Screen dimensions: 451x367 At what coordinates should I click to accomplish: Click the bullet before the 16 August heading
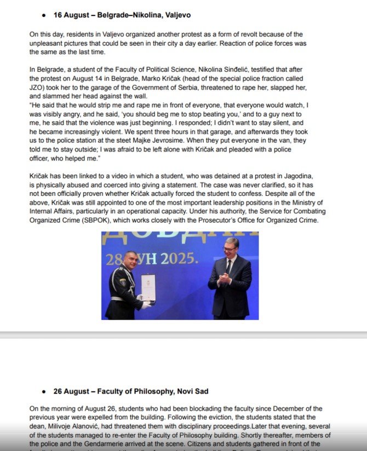tap(44, 15)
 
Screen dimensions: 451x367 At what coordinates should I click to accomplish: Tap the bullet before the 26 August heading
tap(44, 391)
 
